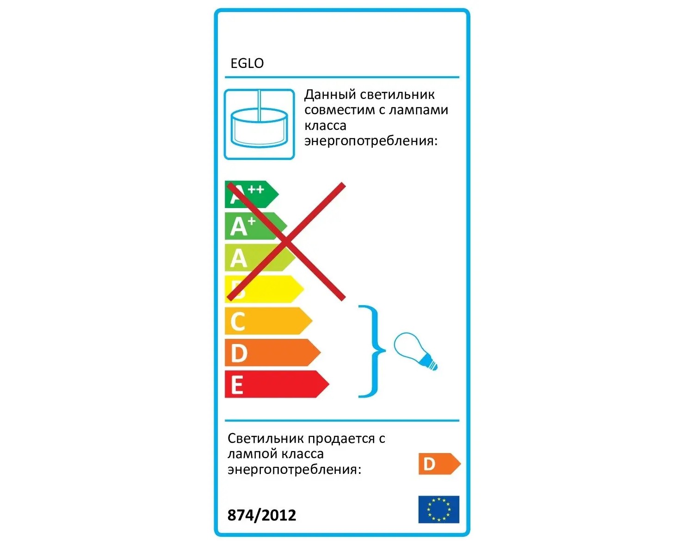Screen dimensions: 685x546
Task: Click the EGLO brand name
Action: point(247,63)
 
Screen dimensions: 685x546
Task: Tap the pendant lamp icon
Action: point(259,124)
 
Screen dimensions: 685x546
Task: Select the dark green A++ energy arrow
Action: point(252,195)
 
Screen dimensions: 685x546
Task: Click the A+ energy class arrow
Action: point(256,226)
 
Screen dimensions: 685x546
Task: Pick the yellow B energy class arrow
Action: point(264,289)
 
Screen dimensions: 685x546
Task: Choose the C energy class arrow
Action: point(268,321)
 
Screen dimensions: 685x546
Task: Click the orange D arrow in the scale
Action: point(272,353)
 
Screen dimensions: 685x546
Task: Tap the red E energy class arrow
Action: point(277,384)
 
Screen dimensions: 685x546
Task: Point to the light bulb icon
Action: point(415,351)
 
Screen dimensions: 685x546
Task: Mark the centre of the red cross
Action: point(286,241)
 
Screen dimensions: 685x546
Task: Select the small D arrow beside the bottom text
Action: point(439,464)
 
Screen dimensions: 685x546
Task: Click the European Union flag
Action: point(438,509)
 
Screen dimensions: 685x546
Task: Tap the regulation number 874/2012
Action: point(262,515)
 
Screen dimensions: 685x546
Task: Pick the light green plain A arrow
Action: point(260,258)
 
